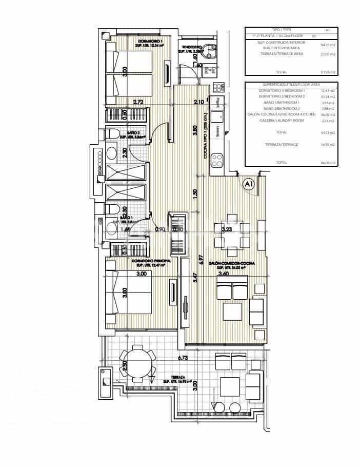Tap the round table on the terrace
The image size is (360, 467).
[136, 362]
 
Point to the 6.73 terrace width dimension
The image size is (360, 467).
[184, 358]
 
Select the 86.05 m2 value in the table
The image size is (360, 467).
[329, 163]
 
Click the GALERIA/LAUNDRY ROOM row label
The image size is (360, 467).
[282, 121]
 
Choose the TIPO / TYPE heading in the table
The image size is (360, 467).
[281, 30]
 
